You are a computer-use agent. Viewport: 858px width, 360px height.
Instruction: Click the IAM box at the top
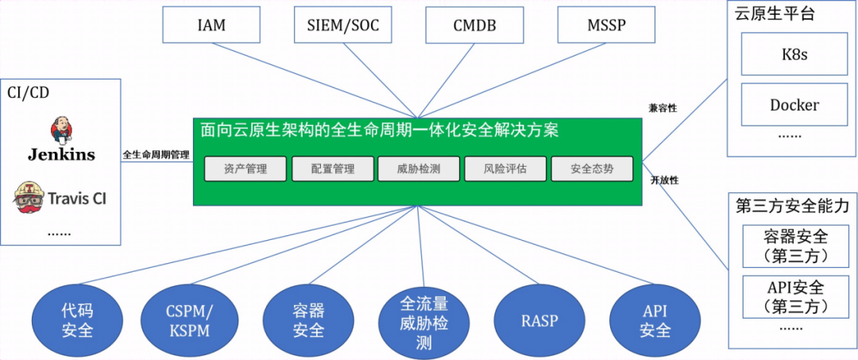(x=211, y=25)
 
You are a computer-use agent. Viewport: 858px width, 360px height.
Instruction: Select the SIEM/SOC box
(x=342, y=25)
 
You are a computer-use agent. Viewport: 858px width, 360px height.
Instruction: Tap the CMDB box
(x=474, y=25)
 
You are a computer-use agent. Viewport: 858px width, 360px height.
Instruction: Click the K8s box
(x=794, y=56)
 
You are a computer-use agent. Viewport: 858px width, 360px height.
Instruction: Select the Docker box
(x=794, y=105)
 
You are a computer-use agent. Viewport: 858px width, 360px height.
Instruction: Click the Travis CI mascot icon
(x=28, y=196)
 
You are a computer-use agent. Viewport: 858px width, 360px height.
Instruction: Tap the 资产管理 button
(x=245, y=169)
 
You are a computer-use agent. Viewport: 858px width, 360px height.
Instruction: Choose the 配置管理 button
(x=332, y=169)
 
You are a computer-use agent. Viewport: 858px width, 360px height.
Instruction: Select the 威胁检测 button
(x=419, y=169)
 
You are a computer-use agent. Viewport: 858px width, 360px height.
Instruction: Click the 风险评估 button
(x=505, y=169)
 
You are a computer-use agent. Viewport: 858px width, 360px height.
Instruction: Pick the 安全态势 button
(x=592, y=169)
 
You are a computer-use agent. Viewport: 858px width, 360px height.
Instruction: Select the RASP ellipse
(x=539, y=321)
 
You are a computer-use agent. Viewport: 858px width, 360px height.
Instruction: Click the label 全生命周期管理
(x=157, y=155)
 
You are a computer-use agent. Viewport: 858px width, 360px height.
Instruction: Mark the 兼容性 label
(x=663, y=107)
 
